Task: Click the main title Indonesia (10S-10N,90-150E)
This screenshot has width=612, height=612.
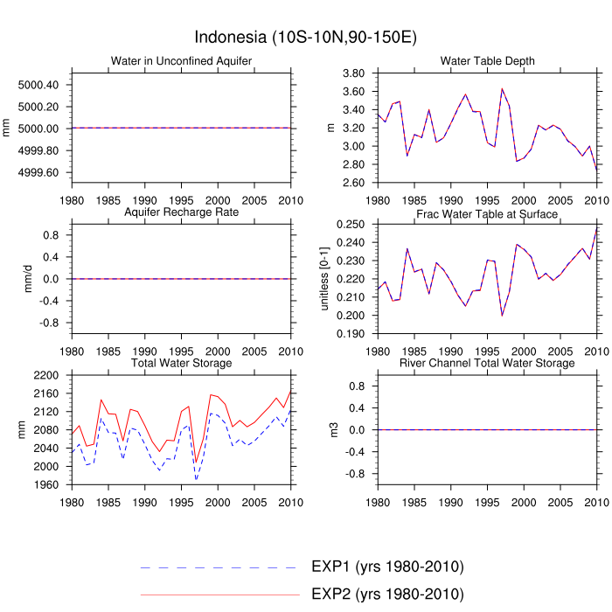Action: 305,37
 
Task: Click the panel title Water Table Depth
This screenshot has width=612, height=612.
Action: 488,60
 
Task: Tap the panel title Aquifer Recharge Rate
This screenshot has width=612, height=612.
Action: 182,212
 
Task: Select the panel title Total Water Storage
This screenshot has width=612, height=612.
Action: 182,363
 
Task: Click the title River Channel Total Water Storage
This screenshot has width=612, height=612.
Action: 488,363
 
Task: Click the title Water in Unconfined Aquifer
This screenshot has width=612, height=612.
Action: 182,60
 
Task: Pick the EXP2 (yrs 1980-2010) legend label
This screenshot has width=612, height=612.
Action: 386,595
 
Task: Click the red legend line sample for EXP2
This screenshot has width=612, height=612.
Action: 219,595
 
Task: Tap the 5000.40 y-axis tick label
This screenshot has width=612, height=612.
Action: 38,85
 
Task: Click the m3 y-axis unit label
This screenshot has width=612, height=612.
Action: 330,429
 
